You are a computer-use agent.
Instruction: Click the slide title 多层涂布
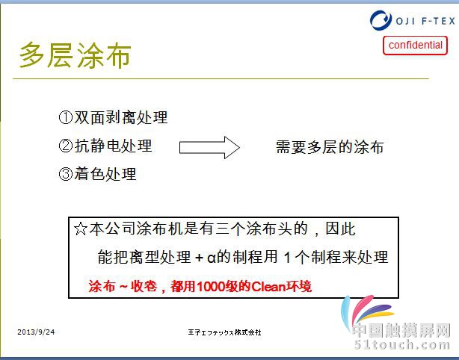pos(75,55)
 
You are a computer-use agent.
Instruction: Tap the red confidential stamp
pos(415,46)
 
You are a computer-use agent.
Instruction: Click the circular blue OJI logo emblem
pos(381,20)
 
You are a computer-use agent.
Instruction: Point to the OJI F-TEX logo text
pos(425,21)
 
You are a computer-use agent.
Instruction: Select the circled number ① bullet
pos(66,117)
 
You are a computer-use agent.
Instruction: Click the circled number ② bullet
pos(66,146)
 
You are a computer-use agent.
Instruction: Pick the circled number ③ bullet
pos(66,174)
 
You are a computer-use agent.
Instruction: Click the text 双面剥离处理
pos(120,117)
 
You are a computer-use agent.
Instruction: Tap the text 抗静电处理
pos(113,146)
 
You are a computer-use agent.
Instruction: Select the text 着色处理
pos(105,174)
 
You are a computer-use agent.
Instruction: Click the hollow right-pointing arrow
pos(209,147)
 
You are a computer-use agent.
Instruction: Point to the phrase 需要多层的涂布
pos(330,147)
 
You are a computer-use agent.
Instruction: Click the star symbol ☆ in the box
pos(81,229)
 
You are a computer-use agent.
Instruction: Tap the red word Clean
pos(268,286)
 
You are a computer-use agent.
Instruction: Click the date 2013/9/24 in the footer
pos(36,332)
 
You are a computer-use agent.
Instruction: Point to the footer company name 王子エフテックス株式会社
pos(224,332)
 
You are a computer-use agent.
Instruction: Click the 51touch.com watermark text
pos(402,344)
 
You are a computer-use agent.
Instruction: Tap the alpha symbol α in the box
pos(212,258)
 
